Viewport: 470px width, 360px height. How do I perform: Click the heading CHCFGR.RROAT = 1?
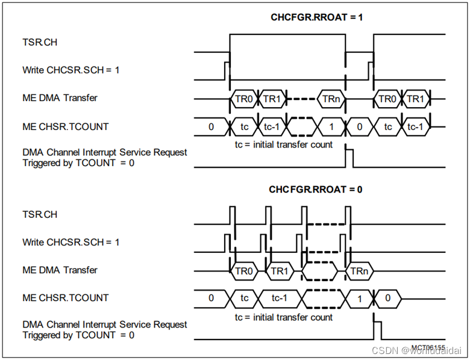pyautogui.click(x=316, y=17)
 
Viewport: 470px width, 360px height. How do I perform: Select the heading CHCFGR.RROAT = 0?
pyautogui.click(x=315, y=190)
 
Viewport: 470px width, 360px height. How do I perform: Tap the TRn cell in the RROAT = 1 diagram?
pyautogui.click(x=331, y=98)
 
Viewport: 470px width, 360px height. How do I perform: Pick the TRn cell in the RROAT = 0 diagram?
pyautogui.click(x=359, y=271)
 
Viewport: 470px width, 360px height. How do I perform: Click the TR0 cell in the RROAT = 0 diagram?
pyautogui.click(x=244, y=271)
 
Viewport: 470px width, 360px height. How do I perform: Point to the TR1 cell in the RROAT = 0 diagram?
pyautogui.click(x=280, y=271)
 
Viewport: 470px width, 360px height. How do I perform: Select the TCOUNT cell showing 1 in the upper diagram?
pyautogui.click(x=331, y=127)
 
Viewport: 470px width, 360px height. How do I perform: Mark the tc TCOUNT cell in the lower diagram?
pyautogui.click(x=244, y=299)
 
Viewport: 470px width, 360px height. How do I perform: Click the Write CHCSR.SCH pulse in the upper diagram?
pyautogui.click(x=227, y=67)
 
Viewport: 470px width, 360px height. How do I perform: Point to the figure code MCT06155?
pyautogui.click(x=428, y=347)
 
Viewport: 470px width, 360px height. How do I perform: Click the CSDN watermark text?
pyautogui.click(x=416, y=350)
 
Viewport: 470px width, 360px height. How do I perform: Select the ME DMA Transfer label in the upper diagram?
pyautogui.click(x=60, y=98)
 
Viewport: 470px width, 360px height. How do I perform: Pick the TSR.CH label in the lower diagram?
pyautogui.click(x=40, y=214)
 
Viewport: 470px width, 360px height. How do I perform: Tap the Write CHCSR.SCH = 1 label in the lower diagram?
pyautogui.click(x=70, y=242)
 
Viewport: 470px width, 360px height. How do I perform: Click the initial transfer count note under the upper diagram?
pyautogui.click(x=283, y=144)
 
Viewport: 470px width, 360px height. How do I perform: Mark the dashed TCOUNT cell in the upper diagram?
pyautogui.click(x=302, y=127)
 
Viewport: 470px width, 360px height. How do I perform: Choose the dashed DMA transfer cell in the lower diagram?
pyautogui.click(x=319, y=271)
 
